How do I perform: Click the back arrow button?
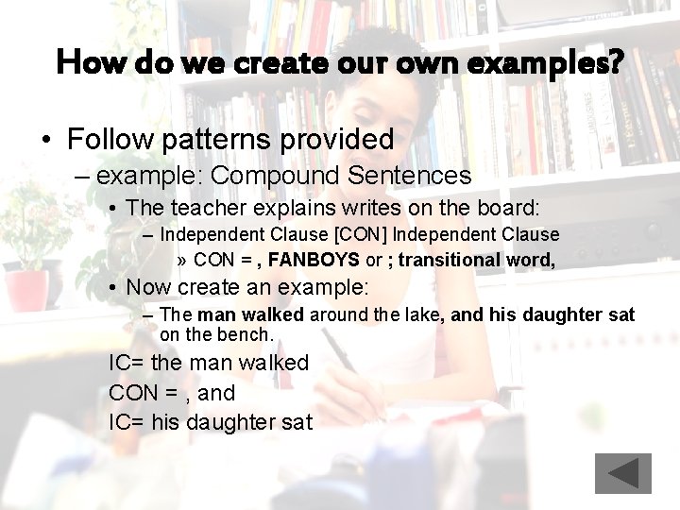point(622,473)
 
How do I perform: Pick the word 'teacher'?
point(205,207)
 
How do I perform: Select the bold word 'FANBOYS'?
point(314,259)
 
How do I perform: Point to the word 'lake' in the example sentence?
point(421,314)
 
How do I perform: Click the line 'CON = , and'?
point(172,392)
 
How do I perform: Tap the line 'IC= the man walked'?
point(209,363)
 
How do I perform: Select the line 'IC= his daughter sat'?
point(210,422)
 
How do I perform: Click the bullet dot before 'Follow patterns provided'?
point(45,141)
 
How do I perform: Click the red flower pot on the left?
point(26,288)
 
